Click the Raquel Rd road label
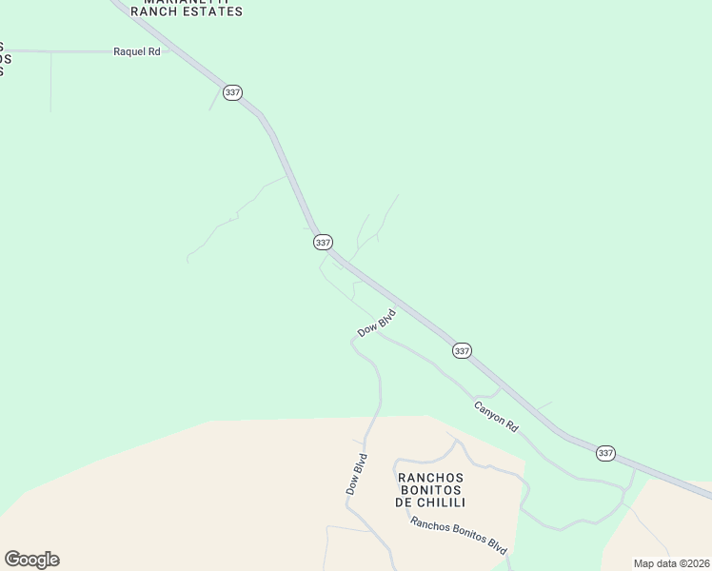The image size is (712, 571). (137, 52)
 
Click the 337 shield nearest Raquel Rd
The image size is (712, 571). (233, 92)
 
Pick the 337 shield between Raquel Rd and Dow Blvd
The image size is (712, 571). (323, 243)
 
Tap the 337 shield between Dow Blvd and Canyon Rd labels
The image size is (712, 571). (462, 350)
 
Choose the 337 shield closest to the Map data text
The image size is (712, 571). (605, 453)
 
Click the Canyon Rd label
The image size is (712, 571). (496, 416)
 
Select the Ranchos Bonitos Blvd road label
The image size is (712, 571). (459, 536)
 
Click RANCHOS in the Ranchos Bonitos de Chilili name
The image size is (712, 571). (429, 478)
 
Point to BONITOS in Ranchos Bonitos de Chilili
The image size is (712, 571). (429, 490)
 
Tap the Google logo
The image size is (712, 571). (31, 560)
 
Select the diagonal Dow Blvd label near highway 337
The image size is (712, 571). (376, 323)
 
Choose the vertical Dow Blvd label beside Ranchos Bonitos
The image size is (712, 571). (355, 473)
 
